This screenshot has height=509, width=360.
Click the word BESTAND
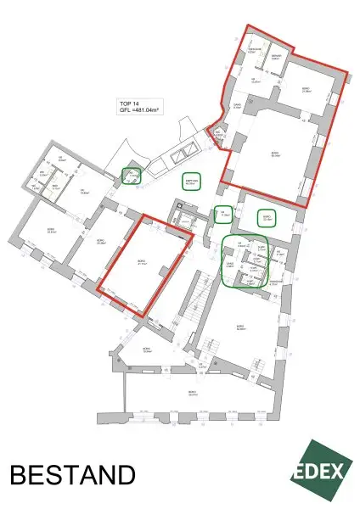tap(72, 473)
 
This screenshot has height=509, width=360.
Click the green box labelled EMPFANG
tap(189, 182)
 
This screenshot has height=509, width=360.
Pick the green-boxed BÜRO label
tap(267, 218)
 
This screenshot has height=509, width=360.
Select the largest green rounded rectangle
tap(245, 260)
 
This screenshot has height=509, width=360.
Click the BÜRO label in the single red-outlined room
tap(142, 263)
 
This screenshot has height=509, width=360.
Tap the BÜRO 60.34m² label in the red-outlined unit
tap(274, 154)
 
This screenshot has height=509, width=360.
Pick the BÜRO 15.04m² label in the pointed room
tap(147, 350)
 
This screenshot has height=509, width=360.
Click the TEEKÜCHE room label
tap(252, 51)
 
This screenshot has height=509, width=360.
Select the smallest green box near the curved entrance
tap(130, 176)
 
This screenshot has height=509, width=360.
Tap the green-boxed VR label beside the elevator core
tap(224, 214)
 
